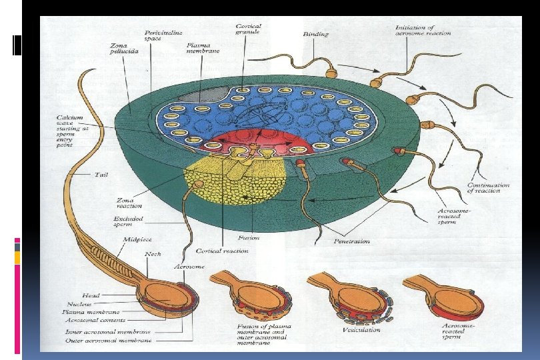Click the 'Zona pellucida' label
tap(125, 47)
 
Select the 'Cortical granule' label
tap(249, 29)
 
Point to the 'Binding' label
tap(316, 33)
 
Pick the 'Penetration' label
tap(351, 241)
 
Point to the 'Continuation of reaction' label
tap(488, 188)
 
